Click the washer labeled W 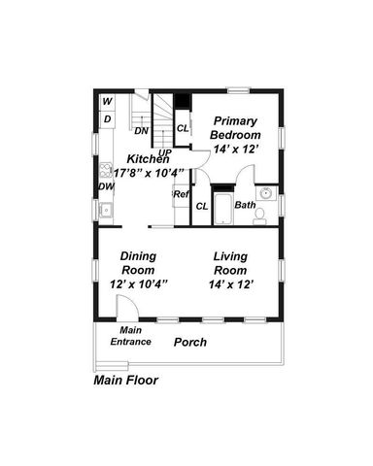click(x=107, y=102)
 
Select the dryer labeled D click(x=107, y=119)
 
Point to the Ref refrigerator click(x=181, y=195)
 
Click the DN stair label click(x=141, y=131)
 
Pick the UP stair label click(x=164, y=153)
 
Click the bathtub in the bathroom click(x=222, y=209)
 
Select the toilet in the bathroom click(x=259, y=217)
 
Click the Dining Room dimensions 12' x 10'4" click(x=139, y=284)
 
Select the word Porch click(x=189, y=343)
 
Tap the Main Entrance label click(x=129, y=337)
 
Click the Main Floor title click(x=125, y=381)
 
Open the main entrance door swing click(x=125, y=308)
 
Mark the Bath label click(x=244, y=206)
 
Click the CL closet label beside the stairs click(x=182, y=127)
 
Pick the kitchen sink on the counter click(x=107, y=210)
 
